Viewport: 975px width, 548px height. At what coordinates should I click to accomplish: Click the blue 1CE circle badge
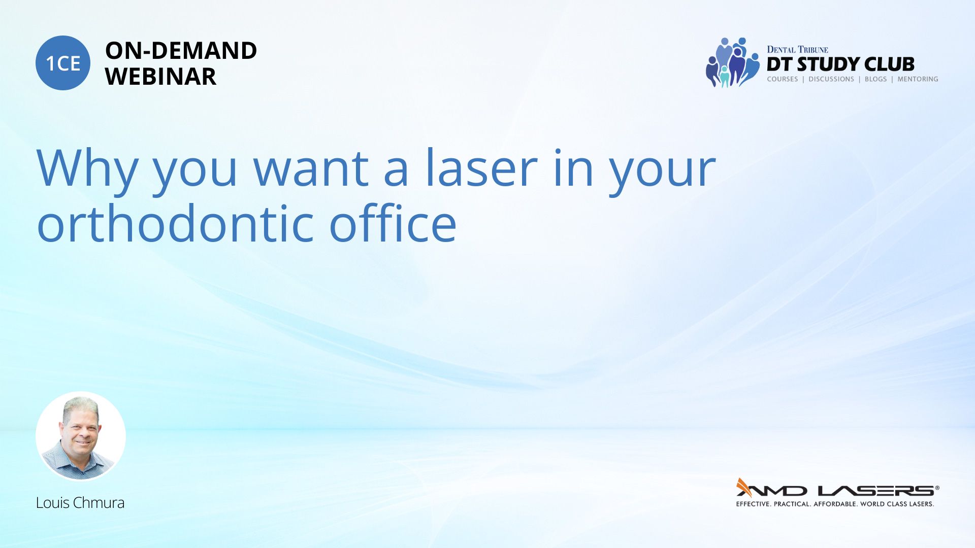point(63,63)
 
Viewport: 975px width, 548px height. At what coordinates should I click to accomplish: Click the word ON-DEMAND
point(181,51)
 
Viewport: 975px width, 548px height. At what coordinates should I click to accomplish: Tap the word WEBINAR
point(160,77)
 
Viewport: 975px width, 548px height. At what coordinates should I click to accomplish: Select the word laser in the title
point(481,168)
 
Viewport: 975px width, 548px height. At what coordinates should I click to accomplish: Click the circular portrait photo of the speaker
point(81,436)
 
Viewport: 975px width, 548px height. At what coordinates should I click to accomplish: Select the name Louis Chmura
point(80,503)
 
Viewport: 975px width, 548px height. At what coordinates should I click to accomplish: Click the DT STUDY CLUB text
point(840,64)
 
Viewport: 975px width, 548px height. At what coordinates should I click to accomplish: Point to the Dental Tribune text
point(797,49)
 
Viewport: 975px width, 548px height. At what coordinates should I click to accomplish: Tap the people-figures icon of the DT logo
point(732,62)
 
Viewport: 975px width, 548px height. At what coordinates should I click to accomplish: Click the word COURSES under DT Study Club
point(783,79)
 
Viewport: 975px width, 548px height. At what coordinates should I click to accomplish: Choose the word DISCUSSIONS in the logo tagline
point(831,79)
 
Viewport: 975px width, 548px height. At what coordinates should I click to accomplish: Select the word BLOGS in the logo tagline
point(875,79)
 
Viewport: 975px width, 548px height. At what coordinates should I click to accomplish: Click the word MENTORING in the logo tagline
point(918,79)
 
